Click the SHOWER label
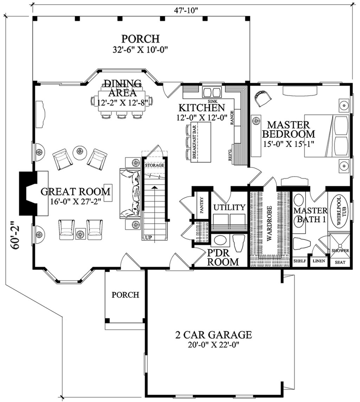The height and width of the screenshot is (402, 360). pos(340,250)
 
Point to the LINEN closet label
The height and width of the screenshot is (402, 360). pos(319,261)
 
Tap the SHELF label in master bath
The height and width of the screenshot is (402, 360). pos(300,261)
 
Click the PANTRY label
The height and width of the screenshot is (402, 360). pos(202,205)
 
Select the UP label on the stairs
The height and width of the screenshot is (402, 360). pos(149,237)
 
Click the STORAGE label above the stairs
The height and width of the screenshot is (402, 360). pos(154,165)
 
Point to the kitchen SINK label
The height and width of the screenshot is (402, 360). pos(212,101)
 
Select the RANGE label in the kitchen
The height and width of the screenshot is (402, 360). pos(232,117)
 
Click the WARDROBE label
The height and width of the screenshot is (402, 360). pos(269,224)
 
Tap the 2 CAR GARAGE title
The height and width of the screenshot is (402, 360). pos(213,334)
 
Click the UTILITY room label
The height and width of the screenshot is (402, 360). pos(229,207)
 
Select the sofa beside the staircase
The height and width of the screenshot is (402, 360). pos(130,194)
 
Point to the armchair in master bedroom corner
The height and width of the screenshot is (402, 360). pos(262,98)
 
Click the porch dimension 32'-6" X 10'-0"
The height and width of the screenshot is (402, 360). pos(140,50)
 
